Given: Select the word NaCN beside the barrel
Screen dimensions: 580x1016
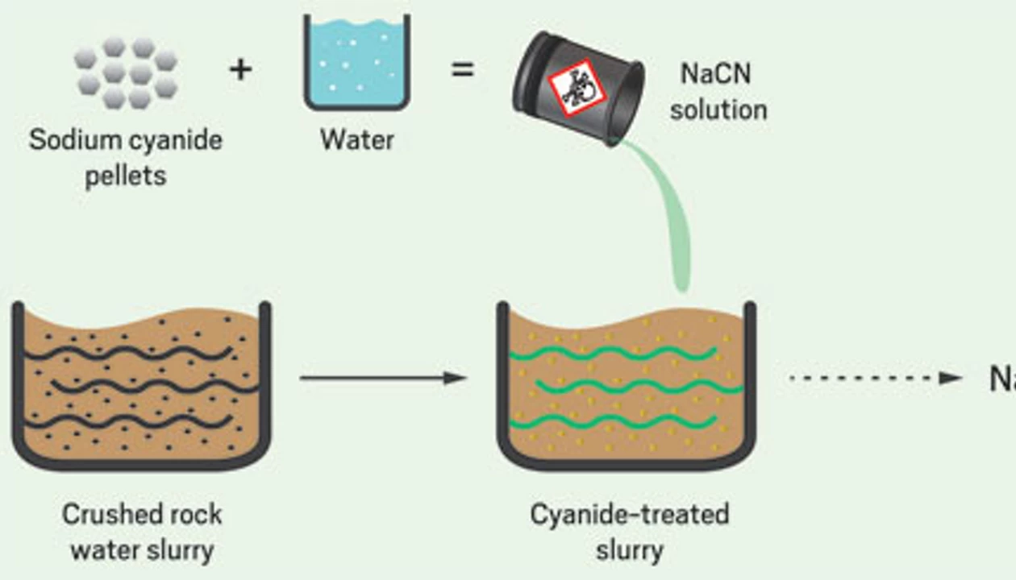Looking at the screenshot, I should tap(716, 73).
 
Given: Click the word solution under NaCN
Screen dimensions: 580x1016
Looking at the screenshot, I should tap(718, 109).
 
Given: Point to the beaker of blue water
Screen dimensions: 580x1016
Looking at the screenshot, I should tap(356, 63).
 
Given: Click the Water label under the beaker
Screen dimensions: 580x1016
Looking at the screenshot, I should tap(356, 139).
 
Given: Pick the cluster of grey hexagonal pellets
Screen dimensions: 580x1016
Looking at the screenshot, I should tap(126, 72).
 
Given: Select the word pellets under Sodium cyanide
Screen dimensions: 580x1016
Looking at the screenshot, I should tap(126, 175).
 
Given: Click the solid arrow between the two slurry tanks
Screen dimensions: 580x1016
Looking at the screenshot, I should tap(383, 377).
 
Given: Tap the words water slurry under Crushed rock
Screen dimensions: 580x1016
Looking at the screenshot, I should tap(142, 550).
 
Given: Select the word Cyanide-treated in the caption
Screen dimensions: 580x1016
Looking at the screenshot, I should tap(629, 514).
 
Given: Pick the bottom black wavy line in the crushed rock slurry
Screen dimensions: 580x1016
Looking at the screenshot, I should tap(129, 420).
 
